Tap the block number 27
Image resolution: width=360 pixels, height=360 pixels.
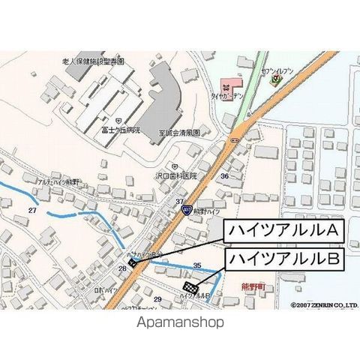31,211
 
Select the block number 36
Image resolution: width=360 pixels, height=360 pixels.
224,175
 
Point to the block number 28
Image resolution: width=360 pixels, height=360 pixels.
122,268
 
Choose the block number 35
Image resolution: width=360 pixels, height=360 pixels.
197,265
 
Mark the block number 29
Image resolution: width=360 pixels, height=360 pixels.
157,298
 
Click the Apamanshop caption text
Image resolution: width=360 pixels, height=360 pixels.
180,322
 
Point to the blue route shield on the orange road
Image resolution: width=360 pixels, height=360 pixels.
185,212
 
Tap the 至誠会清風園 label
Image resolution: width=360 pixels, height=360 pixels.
180,133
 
